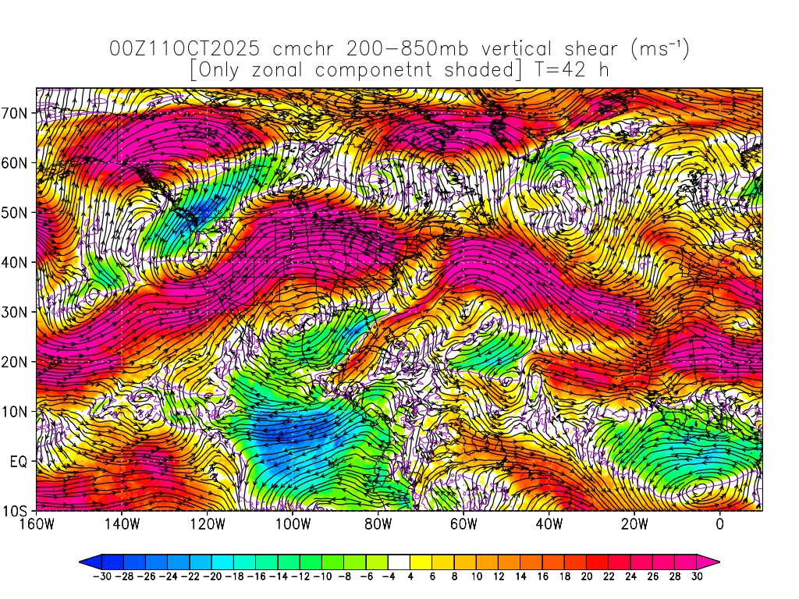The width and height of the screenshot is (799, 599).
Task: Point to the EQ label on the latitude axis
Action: [x=20, y=461]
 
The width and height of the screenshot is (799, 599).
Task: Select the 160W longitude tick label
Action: [x=36, y=524]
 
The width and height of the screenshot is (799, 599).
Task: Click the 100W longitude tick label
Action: [x=293, y=524]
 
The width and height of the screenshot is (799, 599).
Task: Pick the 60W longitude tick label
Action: [x=463, y=524]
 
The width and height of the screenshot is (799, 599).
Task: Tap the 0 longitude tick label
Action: [x=719, y=524]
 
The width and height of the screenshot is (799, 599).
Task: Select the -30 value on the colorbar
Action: [x=101, y=576]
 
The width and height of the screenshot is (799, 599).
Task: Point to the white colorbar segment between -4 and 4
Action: [x=399, y=561]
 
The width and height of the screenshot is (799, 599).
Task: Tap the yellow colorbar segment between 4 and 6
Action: [x=420, y=561]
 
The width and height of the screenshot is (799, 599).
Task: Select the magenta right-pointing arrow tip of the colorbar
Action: [x=710, y=561]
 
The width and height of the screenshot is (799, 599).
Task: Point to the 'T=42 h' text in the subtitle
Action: [x=571, y=70]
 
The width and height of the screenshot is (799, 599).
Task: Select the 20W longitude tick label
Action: [x=634, y=524]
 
